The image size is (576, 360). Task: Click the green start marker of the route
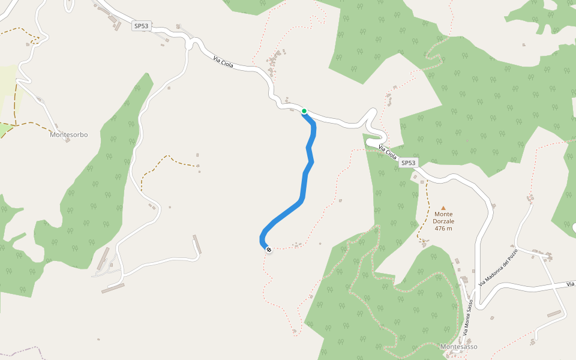coord(304,111)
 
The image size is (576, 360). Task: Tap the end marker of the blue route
coord(268,250)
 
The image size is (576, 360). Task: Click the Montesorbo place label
coord(68,135)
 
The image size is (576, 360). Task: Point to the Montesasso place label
coord(458,347)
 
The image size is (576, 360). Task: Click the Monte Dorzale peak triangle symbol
coord(443,208)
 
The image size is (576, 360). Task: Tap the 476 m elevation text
coord(443,228)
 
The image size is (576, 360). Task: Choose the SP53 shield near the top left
coord(141,26)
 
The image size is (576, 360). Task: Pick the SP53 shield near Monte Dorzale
coord(408,163)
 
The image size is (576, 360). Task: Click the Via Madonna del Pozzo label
coord(498,267)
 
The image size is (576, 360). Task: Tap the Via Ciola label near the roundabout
coord(223,61)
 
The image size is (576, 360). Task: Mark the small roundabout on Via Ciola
coord(191,44)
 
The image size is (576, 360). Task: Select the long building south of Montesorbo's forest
coord(113,288)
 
